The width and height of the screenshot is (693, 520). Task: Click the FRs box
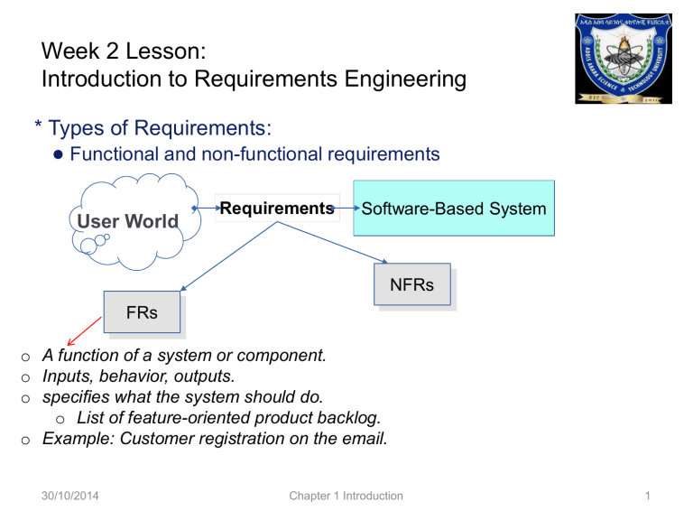point(143,313)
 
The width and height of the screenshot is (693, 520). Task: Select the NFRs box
point(411,285)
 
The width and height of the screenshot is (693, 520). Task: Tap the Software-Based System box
point(453,209)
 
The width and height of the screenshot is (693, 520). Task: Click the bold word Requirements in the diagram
point(276,209)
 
